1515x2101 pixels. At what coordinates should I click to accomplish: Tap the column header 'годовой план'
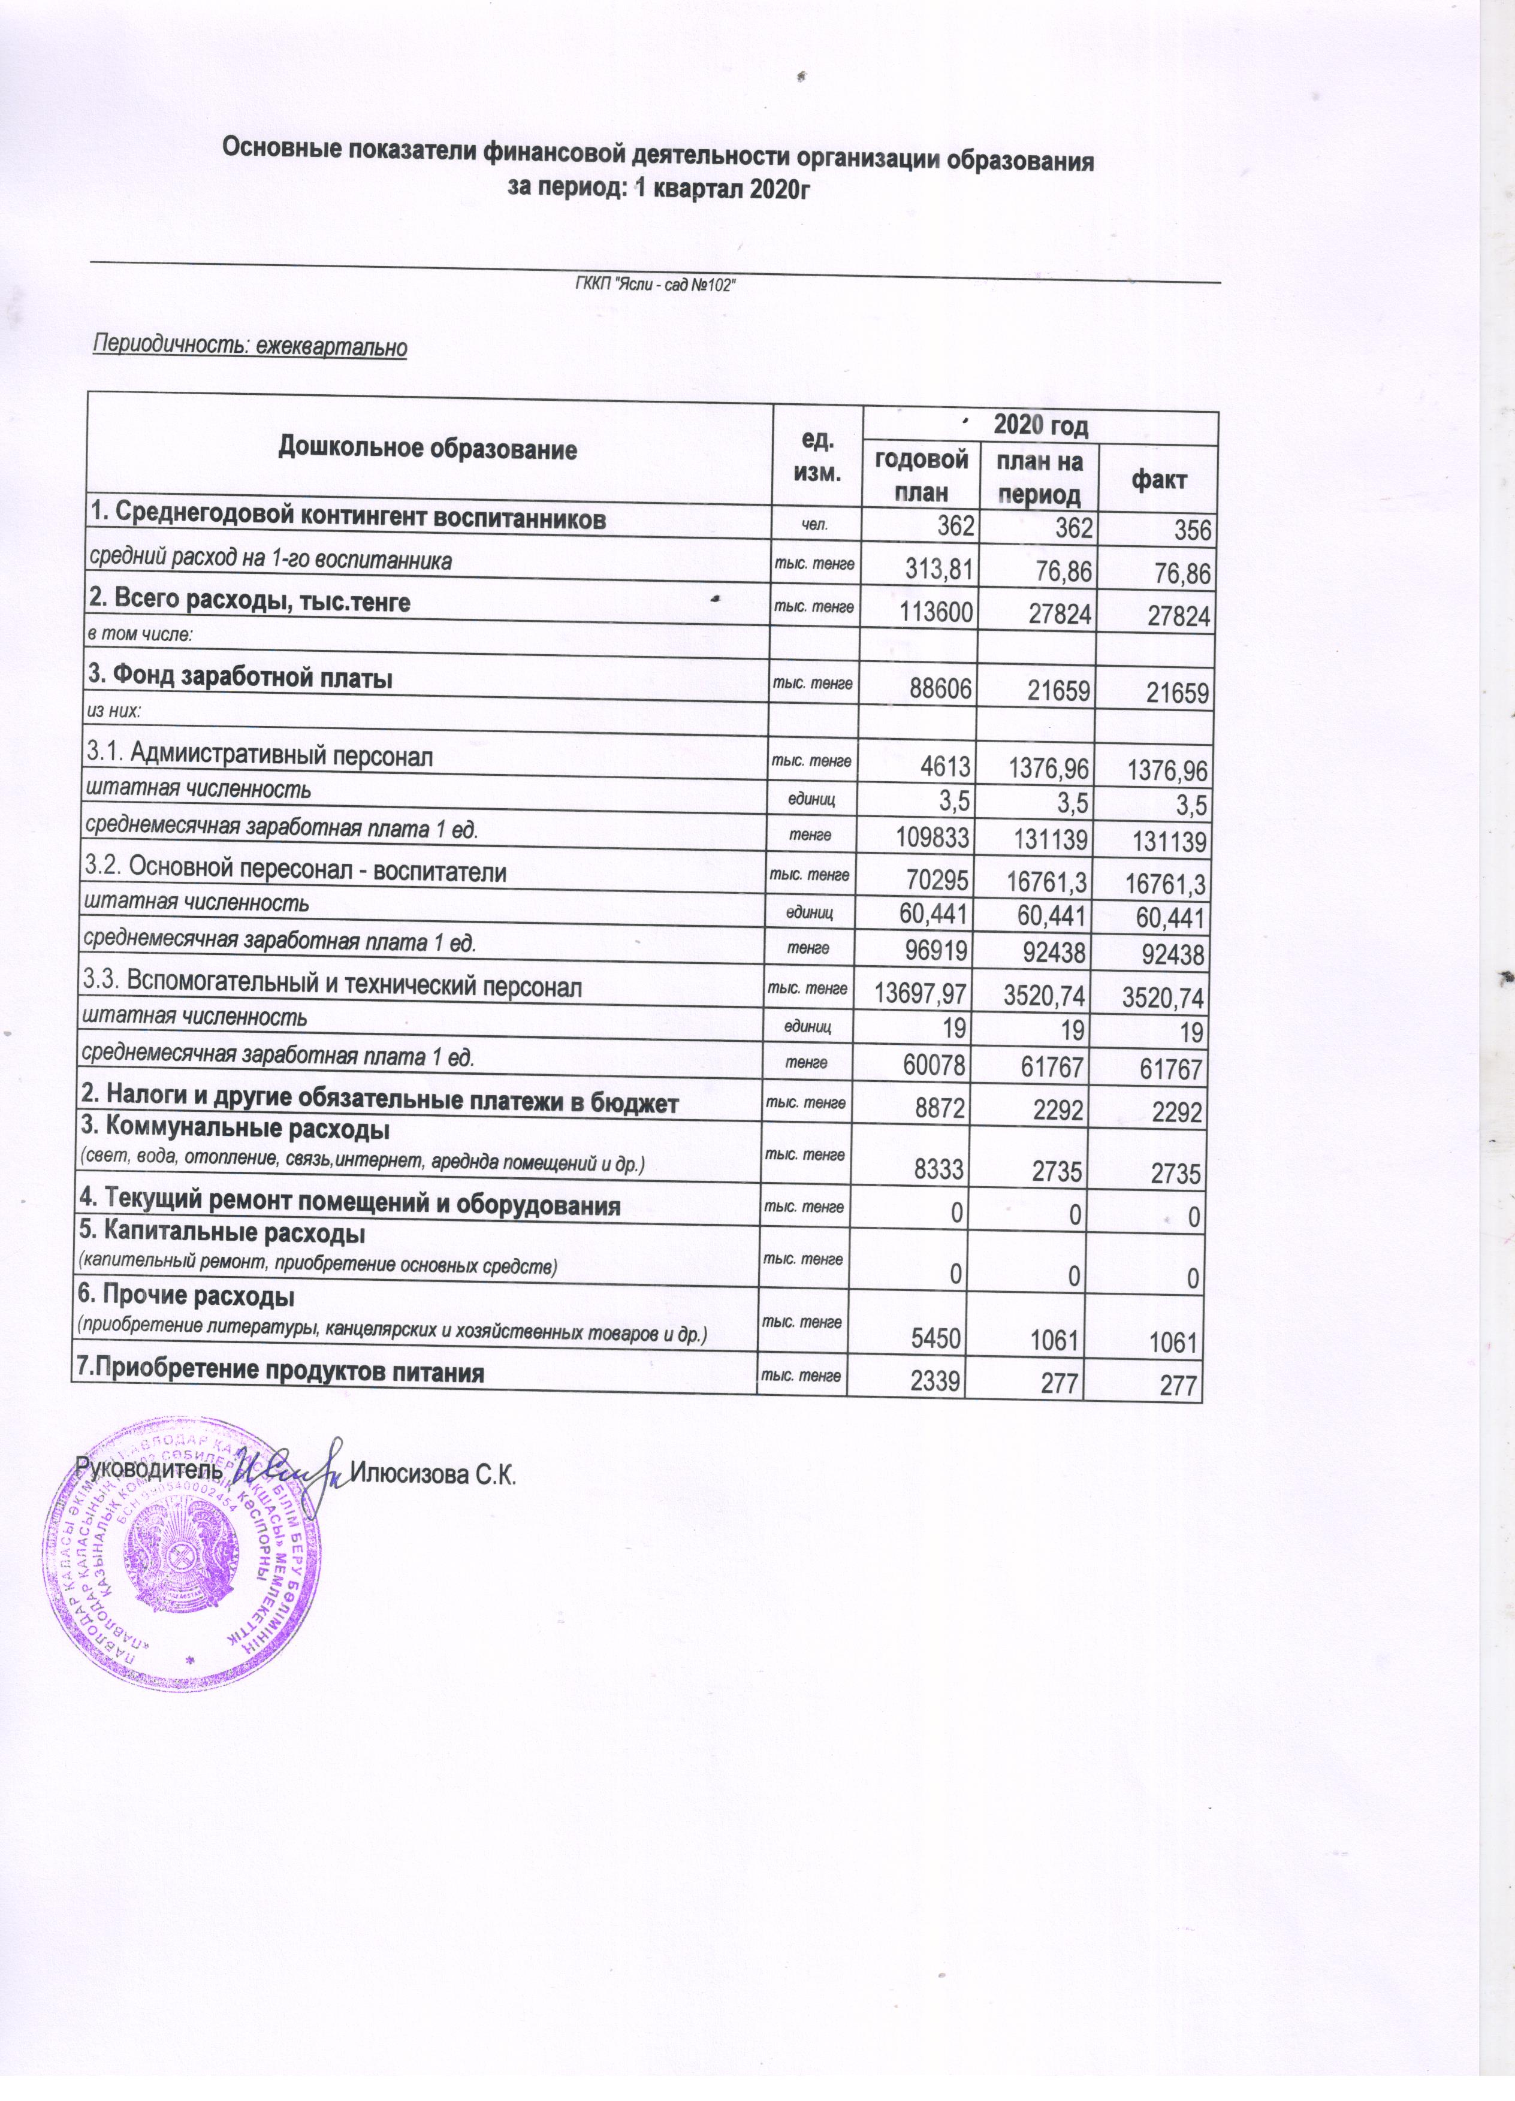click(x=921, y=474)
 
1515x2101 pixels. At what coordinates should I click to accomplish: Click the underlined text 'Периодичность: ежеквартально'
click(x=250, y=348)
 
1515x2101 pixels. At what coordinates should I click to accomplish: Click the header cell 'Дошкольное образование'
click(x=428, y=451)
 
